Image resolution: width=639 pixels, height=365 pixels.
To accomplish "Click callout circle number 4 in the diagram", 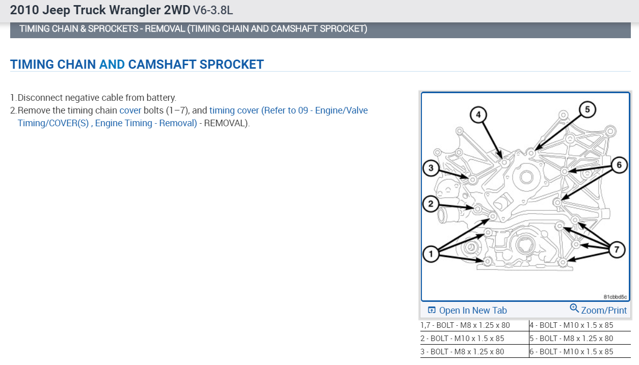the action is click(x=478, y=115).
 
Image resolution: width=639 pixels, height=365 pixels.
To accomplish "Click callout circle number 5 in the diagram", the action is click(x=587, y=109).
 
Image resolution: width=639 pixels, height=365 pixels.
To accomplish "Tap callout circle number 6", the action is click(x=619, y=165).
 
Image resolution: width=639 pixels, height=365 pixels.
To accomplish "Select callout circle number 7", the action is click(x=617, y=249).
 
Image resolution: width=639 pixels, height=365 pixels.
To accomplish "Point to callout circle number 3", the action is click(x=431, y=168).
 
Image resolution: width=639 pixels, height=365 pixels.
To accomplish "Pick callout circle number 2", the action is click(x=431, y=205).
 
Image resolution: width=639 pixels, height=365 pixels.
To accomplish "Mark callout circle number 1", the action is click(x=431, y=254).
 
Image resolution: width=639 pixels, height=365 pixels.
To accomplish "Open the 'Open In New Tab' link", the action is click(x=472, y=311).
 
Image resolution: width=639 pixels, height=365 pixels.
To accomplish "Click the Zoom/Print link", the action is click(x=603, y=311).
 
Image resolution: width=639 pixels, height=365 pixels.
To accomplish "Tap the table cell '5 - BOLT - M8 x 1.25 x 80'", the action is click(x=571, y=339).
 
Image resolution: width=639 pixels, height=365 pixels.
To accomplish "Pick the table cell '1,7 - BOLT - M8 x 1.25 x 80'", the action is click(x=465, y=325).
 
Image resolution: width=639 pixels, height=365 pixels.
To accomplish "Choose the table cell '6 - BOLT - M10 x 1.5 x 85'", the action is click(x=571, y=352).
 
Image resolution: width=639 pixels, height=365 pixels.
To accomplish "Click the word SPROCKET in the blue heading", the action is click(x=231, y=65).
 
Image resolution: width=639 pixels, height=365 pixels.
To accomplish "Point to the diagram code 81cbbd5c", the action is click(x=615, y=296).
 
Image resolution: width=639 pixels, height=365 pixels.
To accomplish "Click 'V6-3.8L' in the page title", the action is click(x=213, y=10).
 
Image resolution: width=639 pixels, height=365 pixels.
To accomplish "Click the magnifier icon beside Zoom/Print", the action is click(x=574, y=309).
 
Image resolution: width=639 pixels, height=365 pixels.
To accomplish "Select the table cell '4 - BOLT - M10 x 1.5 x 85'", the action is click(x=571, y=325).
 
